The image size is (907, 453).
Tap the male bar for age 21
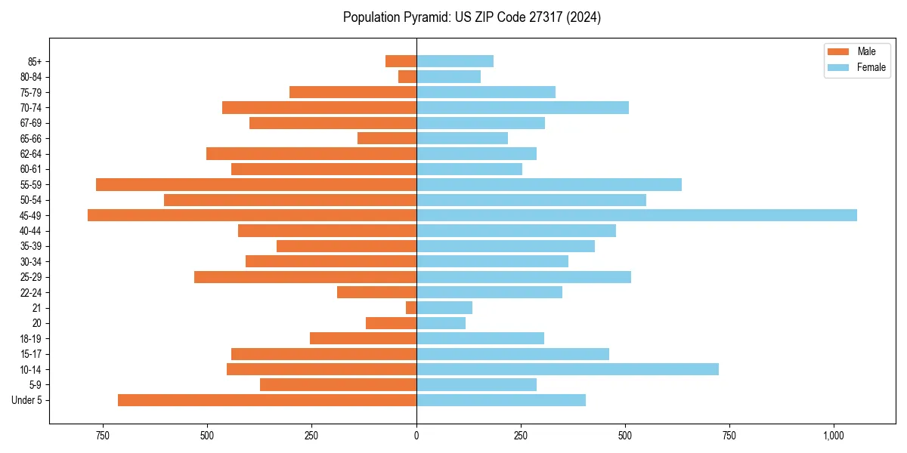point(411,308)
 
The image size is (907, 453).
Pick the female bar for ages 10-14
point(567,369)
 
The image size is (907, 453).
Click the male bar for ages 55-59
point(256,185)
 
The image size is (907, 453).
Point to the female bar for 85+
point(454,61)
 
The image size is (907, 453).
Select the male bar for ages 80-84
point(407,77)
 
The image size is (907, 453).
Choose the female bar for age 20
point(441,323)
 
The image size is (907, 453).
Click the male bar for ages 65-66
point(387,138)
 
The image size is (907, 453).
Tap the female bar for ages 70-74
point(522,108)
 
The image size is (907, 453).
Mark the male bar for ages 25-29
point(305,277)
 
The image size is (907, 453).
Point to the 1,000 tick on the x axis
point(834,436)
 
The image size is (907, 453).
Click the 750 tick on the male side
point(103,436)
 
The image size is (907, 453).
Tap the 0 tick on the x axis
point(416,436)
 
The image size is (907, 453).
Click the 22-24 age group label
point(31,293)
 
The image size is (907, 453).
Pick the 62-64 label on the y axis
point(31,154)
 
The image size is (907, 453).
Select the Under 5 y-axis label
point(27,400)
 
